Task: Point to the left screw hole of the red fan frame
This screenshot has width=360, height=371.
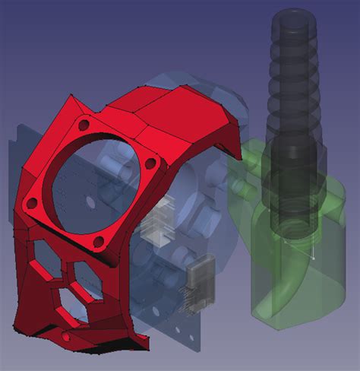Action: pyautogui.click(x=33, y=203)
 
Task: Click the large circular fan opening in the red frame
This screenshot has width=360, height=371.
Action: pyautogui.click(x=91, y=182)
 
